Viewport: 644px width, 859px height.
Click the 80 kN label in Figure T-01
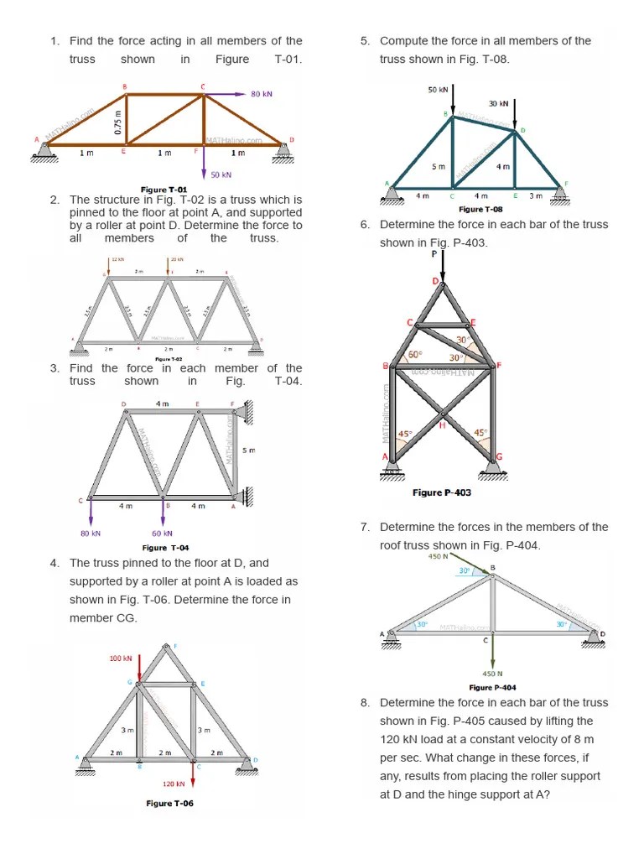(x=262, y=94)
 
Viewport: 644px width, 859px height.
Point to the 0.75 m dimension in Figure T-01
(x=118, y=123)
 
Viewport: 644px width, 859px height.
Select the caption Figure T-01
(x=164, y=190)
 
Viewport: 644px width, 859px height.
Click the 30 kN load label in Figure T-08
(x=499, y=103)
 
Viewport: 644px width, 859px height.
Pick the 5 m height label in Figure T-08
(x=439, y=166)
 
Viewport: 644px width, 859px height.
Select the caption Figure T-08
(x=481, y=209)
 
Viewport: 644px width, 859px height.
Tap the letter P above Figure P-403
(x=434, y=252)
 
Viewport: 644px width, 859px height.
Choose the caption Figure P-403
(x=442, y=492)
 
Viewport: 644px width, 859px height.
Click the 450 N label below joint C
(x=492, y=673)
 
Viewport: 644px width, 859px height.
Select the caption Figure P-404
(x=492, y=688)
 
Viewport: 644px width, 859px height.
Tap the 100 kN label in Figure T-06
(x=122, y=659)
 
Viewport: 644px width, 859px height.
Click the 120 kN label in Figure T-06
(x=174, y=784)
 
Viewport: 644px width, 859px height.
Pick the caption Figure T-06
(x=169, y=803)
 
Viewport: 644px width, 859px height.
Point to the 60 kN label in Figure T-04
(x=163, y=533)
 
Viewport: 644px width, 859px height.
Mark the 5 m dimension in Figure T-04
(x=248, y=450)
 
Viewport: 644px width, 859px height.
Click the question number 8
(x=365, y=703)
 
